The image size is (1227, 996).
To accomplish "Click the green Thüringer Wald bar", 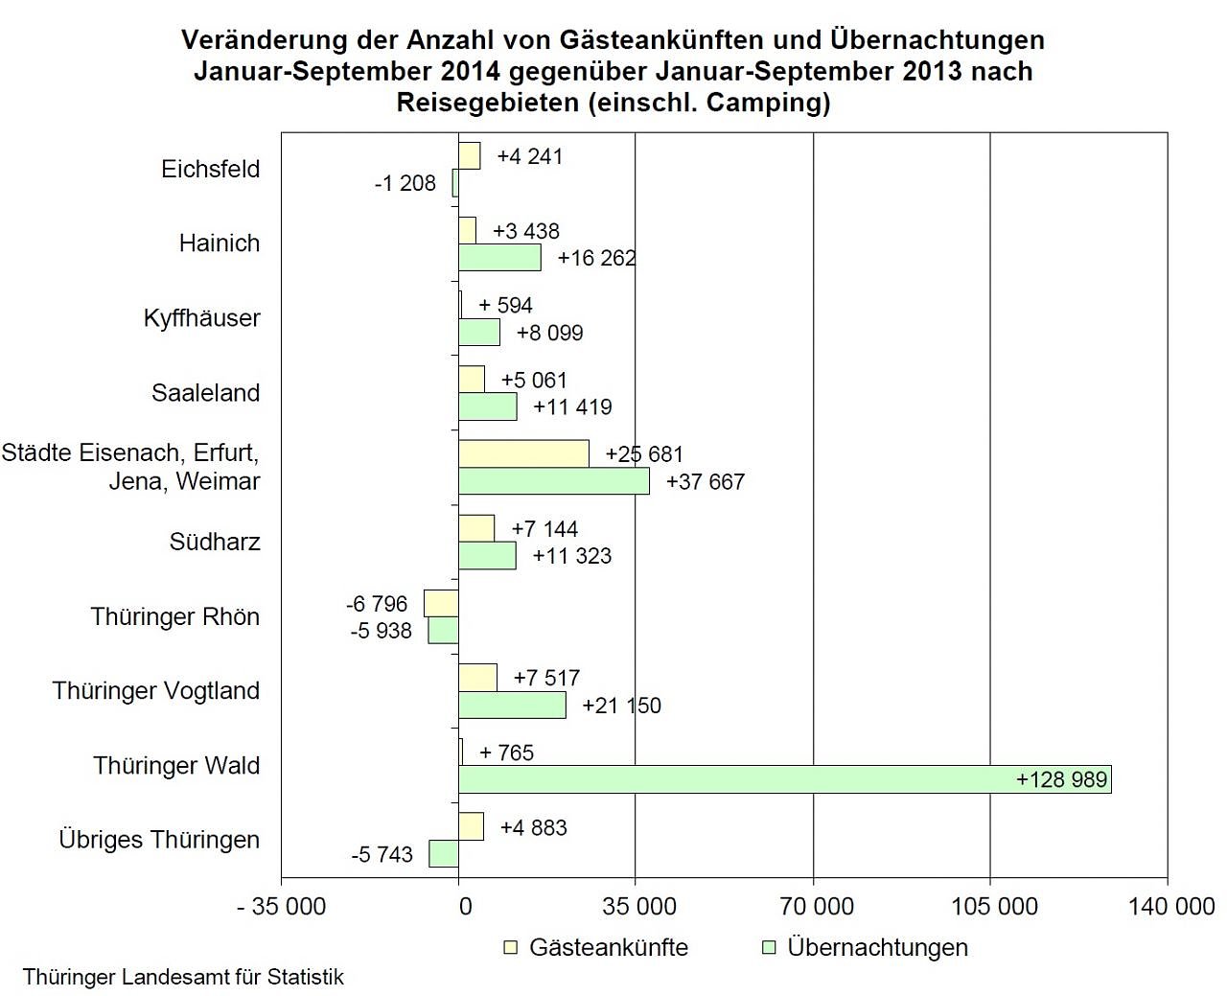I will [x=784, y=779].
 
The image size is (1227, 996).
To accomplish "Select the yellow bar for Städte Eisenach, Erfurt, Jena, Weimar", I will [x=523, y=454].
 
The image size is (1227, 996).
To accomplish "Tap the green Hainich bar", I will [x=499, y=258].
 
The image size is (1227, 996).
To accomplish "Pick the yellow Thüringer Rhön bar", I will [x=442, y=603].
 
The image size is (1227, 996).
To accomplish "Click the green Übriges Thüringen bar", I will [x=444, y=853].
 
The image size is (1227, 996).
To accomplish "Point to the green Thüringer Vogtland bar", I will [x=512, y=706].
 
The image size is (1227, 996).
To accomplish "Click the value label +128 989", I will [x=1061, y=779].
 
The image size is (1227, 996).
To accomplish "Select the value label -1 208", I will [x=405, y=183].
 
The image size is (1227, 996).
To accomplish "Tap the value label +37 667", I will [x=705, y=481].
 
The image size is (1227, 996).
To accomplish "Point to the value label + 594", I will [x=505, y=305].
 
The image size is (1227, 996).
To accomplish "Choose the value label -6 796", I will [x=377, y=604].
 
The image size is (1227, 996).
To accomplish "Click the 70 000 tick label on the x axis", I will [x=817, y=906].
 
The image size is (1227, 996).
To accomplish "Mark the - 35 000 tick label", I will [x=282, y=906].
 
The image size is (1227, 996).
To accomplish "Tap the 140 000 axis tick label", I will [x=1171, y=906].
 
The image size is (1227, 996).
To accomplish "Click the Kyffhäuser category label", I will [x=201, y=317].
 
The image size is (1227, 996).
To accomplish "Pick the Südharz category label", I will [x=215, y=542].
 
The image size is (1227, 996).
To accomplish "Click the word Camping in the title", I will [x=764, y=102].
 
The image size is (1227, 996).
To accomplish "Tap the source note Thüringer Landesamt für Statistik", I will [x=183, y=977].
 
